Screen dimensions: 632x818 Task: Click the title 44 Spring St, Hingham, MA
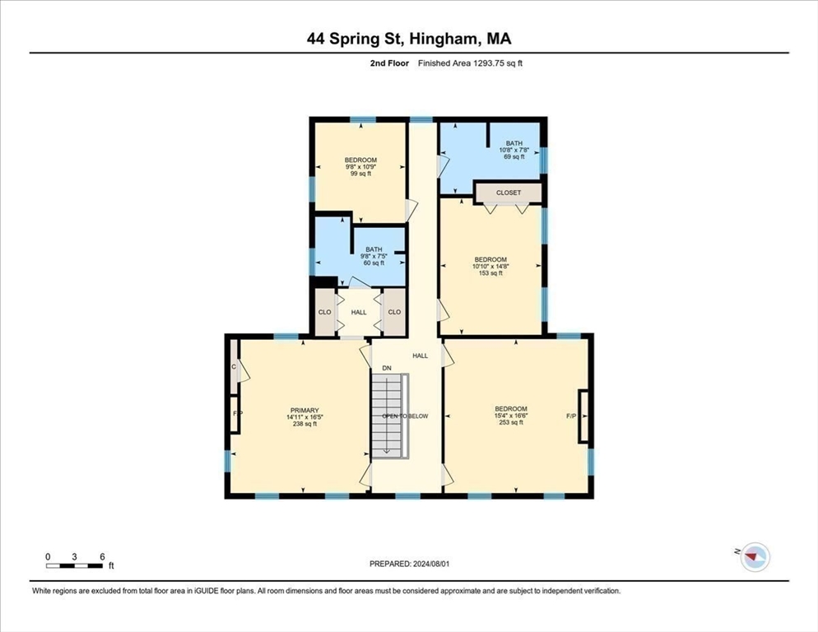coord(409,38)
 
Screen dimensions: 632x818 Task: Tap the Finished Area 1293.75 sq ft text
coord(470,63)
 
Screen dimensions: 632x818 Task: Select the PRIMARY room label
coord(304,416)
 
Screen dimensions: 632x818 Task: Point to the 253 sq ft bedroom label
coord(510,416)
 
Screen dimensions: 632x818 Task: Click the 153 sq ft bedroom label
coord(490,266)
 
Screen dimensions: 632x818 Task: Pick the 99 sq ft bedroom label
coord(360,166)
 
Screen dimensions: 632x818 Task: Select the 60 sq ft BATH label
coord(374,256)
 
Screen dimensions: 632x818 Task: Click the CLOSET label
coord(509,193)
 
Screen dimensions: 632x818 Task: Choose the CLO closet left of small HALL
coord(324,312)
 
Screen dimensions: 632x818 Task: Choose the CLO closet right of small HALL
coord(394,312)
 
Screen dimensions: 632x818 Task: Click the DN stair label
coord(387,368)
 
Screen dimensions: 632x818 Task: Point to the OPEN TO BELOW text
coord(405,416)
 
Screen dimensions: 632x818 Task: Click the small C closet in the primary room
coord(234,367)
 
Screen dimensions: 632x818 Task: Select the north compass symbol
coord(754,558)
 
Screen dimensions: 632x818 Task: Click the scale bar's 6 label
coord(101,557)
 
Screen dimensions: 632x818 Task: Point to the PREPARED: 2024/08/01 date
coord(410,564)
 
